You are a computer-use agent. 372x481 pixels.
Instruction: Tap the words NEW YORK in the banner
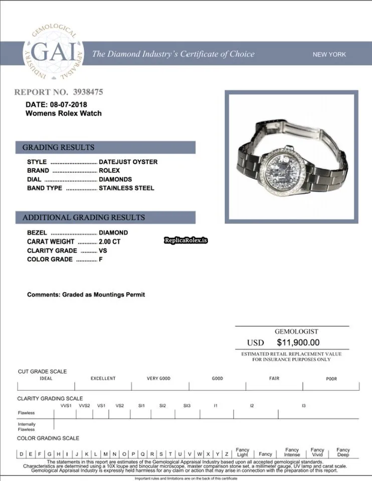(x=329, y=55)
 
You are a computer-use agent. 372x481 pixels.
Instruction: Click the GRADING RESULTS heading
(x=58, y=147)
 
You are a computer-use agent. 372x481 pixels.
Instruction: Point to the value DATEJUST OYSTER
(x=128, y=162)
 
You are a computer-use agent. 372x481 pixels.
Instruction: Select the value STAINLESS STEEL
(x=126, y=188)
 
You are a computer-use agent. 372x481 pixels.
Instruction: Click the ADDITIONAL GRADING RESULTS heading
(x=84, y=217)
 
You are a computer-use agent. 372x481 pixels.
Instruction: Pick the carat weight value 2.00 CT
(x=110, y=242)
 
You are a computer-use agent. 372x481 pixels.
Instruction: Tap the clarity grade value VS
(x=103, y=251)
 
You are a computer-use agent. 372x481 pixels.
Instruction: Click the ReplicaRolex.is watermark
(x=185, y=241)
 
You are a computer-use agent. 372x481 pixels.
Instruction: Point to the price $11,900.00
(x=298, y=343)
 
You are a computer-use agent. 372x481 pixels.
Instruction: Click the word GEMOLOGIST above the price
(x=296, y=332)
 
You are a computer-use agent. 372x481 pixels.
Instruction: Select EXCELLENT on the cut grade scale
(x=103, y=378)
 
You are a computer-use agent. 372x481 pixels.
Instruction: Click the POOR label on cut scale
(x=331, y=379)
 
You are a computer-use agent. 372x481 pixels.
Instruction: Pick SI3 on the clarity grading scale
(x=187, y=405)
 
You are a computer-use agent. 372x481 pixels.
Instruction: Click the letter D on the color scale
(x=22, y=454)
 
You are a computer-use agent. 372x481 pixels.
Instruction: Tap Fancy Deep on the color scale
(x=343, y=452)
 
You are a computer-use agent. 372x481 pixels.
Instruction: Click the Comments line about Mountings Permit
(x=86, y=295)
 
